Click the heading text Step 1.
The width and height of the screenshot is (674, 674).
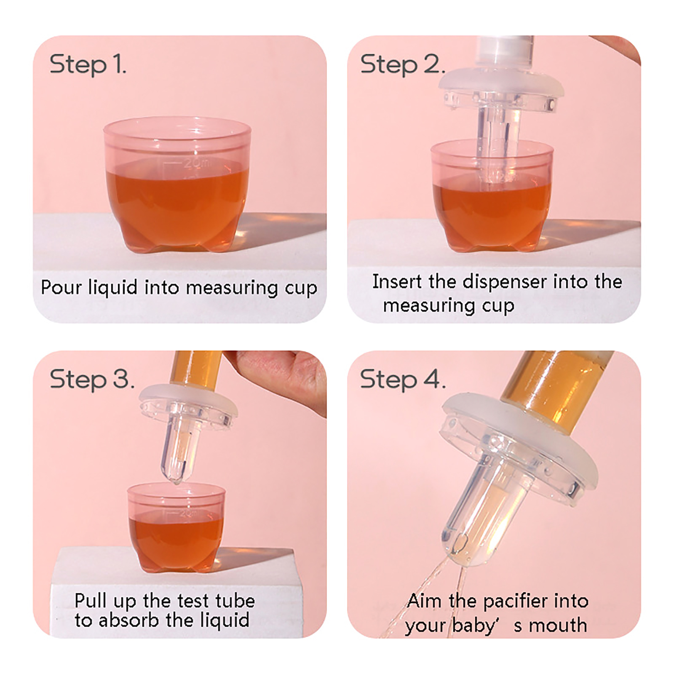pyautogui.click(x=88, y=64)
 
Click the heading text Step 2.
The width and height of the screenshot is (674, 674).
pyautogui.click(x=402, y=64)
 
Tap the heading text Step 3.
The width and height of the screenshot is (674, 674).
pyautogui.click(x=92, y=379)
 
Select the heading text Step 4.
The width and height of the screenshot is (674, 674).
pyautogui.click(x=402, y=379)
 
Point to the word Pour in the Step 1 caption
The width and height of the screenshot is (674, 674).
pyautogui.click(x=62, y=287)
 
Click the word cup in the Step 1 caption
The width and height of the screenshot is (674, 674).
pyautogui.click(x=301, y=289)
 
